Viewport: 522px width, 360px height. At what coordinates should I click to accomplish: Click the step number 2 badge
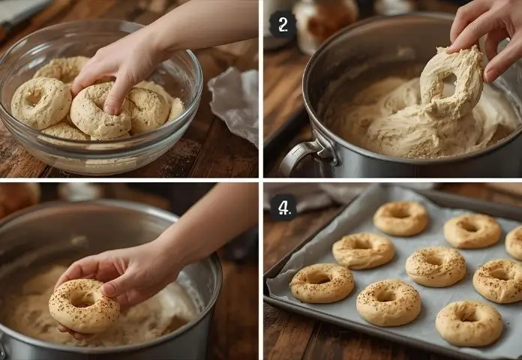283,24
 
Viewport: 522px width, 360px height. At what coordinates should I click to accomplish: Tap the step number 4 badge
283,206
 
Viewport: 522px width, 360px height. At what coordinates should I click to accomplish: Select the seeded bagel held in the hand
83,305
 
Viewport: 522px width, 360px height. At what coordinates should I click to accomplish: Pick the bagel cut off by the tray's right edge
514,242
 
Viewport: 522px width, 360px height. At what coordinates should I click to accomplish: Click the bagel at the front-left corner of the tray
322,282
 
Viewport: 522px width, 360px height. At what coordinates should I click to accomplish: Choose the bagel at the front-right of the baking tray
469,322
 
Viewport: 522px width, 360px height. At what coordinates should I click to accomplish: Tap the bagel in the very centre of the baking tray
436,266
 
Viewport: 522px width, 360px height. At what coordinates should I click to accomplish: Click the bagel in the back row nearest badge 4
400,218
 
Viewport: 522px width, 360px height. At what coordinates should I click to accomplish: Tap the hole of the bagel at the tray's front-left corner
319,278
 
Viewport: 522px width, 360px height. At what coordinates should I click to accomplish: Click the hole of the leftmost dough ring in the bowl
34,99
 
